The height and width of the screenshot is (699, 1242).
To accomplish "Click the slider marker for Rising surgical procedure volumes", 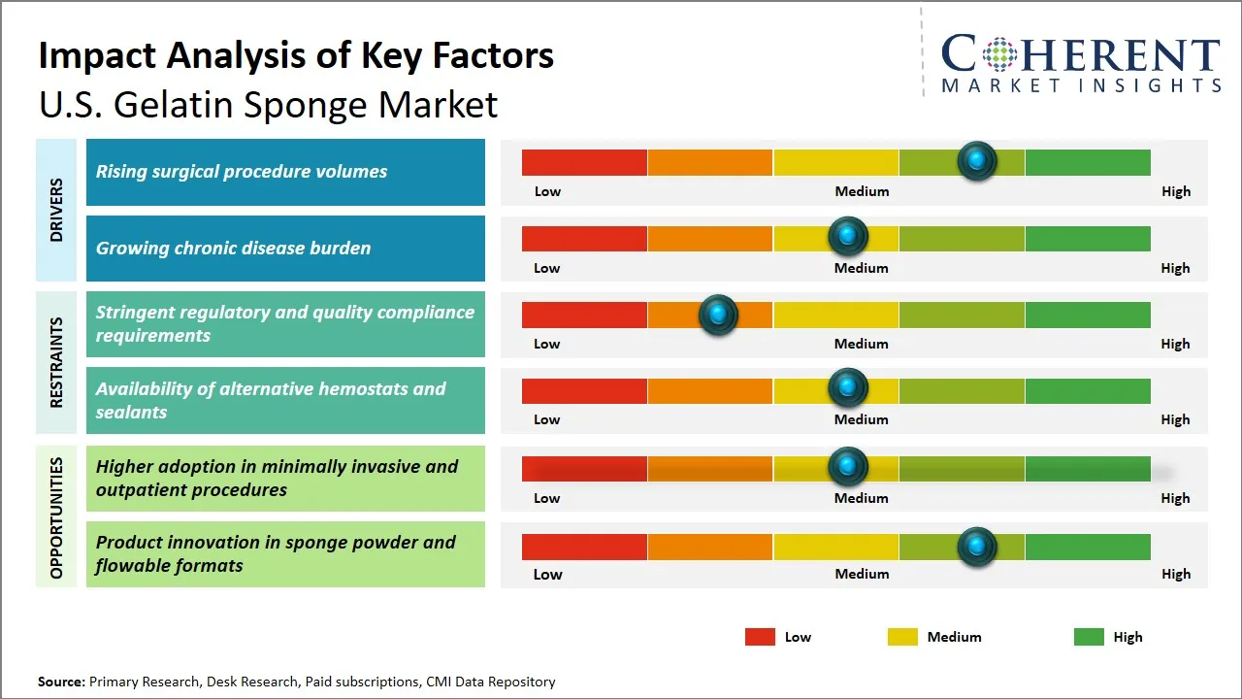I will pos(977,161).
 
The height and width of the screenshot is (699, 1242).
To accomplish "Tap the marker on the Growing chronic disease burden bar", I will pos(848,237).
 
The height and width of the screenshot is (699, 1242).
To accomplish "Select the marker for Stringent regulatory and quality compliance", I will pos(718,315).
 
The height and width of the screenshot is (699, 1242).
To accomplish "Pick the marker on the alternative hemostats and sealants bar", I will pos(848,388).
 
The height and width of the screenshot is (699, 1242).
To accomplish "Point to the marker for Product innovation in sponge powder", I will pos(977,547).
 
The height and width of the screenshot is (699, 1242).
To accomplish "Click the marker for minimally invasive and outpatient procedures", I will pos(848,467).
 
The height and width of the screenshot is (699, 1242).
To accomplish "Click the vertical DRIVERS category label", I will pos(56,210).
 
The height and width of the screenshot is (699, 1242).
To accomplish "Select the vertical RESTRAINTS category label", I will pos(56,362).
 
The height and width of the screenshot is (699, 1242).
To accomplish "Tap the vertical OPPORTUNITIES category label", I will pos(56,517).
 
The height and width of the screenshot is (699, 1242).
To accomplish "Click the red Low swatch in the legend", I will pos(760,637).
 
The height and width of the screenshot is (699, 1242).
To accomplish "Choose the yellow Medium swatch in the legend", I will pos(902,637).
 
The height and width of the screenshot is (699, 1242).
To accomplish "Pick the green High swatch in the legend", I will pos(1089,637).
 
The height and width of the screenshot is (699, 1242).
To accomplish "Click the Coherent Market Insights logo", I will pos(1080,63).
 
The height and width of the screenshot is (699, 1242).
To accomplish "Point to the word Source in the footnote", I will pos(61,682).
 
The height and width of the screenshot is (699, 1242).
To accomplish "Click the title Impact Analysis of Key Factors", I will pos(296,55).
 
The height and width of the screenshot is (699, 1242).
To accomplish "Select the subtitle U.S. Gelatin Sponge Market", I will pos(268,105).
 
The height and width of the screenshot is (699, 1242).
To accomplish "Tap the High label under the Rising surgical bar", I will pos(1176,191).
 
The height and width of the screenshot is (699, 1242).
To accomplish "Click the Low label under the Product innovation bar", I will pos(547,574).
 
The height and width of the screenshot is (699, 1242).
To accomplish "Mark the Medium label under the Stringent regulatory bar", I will pos(862,344).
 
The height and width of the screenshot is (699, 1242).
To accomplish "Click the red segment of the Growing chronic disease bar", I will pos(584,238).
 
